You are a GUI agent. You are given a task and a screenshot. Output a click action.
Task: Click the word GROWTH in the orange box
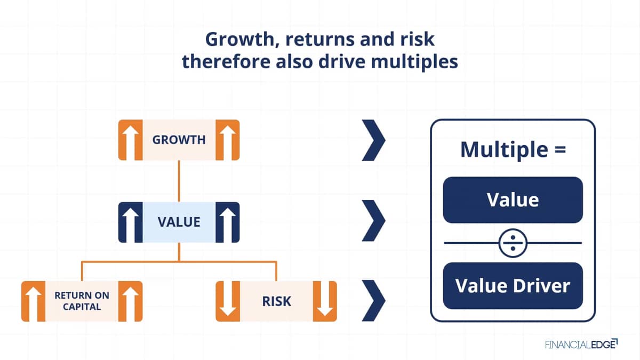(179, 140)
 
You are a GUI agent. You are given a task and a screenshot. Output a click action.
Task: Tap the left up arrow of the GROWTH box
(131, 142)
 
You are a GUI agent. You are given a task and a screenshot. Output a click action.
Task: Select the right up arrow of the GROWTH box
(227, 142)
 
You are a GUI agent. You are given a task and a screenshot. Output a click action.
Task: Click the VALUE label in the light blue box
(179, 222)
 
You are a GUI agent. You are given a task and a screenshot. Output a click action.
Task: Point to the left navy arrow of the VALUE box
(131, 225)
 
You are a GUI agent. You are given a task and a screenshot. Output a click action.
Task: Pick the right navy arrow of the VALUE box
(227, 225)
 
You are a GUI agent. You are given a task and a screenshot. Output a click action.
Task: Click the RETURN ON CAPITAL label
(82, 301)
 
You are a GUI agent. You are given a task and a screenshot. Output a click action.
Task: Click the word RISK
(276, 301)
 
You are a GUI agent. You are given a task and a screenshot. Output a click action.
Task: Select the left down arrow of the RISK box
(228, 299)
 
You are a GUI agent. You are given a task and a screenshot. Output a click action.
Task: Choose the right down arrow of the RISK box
(325, 299)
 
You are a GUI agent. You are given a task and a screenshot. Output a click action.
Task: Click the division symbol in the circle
(513, 243)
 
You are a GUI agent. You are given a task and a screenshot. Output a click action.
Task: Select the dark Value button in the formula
(513, 200)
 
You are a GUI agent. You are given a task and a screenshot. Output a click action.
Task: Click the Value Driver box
(513, 286)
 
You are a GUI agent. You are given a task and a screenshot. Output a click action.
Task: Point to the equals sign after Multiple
(560, 150)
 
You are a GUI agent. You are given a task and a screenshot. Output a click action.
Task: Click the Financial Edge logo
(581, 345)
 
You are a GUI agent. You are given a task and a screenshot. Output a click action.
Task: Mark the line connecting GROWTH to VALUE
(179, 181)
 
